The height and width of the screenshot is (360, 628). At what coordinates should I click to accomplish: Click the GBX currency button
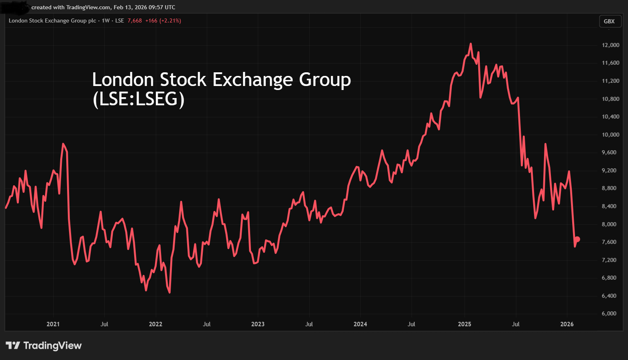tap(609, 21)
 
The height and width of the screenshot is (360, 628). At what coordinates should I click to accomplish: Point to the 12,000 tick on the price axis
tap(610, 45)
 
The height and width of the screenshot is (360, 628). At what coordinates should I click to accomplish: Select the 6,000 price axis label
tap(609, 313)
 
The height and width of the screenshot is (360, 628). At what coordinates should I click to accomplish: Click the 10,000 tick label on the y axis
tap(610, 135)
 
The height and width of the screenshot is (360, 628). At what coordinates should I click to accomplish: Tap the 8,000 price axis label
tap(609, 224)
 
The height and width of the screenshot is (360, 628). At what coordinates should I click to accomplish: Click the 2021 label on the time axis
tap(53, 324)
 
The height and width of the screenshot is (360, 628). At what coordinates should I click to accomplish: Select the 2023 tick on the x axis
tap(258, 324)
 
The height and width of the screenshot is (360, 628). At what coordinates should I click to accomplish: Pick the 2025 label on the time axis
tap(465, 324)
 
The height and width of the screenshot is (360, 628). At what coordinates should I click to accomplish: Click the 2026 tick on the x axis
tap(567, 324)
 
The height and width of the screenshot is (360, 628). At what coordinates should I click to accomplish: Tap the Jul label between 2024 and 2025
tap(412, 324)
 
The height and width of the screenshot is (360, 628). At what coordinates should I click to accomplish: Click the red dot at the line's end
tap(577, 239)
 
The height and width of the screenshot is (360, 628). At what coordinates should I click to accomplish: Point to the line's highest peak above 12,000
tap(471, 44)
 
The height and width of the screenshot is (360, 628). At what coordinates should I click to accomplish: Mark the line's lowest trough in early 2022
tap(170, 292)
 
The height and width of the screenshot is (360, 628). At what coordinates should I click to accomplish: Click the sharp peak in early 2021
tap(63, 144)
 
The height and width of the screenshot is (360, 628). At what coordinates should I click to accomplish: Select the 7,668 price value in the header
tap(135, 20)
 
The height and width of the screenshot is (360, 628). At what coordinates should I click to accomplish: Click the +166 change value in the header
tap(151, 20)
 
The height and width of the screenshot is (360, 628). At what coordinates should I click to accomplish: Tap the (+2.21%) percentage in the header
tap(170, 20)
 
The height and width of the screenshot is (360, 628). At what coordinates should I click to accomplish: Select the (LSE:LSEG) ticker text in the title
tap(139, 99)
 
